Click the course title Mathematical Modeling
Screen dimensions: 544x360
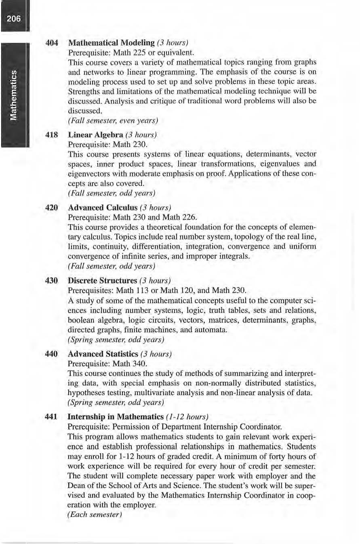coord(112,43)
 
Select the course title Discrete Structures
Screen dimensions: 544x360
coord(103,280)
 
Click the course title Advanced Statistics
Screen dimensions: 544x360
coord(103,354)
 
